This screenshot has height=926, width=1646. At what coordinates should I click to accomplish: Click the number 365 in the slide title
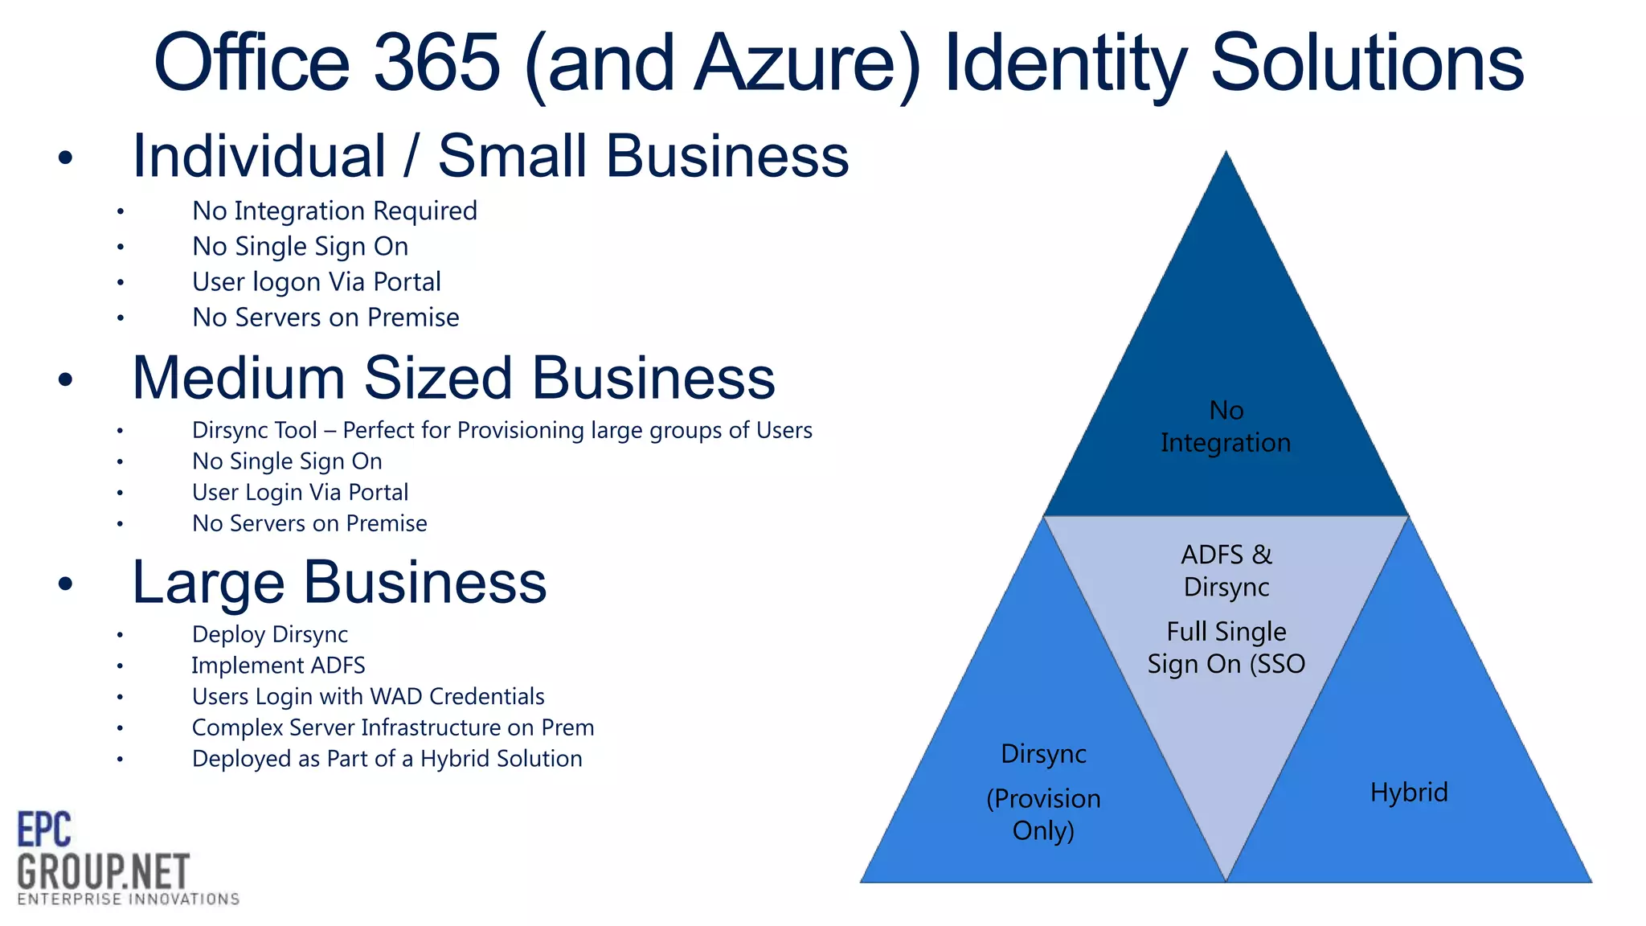[437, 63]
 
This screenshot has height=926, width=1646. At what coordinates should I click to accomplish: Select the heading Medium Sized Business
[453, 378]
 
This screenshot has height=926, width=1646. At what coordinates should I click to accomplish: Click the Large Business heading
[338, 582]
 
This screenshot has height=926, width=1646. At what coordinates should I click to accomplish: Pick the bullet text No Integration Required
[334, 211]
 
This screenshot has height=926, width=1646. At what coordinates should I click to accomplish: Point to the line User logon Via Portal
[316, 282]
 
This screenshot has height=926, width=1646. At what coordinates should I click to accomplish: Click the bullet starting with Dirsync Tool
[502, 430]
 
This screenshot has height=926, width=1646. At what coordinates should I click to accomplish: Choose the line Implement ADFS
[278, 666]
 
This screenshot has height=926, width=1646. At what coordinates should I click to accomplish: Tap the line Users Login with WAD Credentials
[368, 696]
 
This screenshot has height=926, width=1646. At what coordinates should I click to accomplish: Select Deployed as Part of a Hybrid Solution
[387, 759]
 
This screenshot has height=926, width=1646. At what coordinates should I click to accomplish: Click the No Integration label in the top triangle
[1226, 427]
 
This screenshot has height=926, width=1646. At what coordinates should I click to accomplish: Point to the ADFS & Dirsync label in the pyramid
[1226, 571]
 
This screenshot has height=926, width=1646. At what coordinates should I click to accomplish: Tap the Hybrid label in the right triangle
[1408, 793]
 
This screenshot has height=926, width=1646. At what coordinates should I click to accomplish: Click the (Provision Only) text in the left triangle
[1043, 814]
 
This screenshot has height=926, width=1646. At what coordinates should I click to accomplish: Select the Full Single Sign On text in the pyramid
[1226, 648]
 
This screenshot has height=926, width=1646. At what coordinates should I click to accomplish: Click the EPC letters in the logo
[44, 830]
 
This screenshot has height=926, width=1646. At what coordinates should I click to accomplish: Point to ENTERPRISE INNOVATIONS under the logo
[129, 899]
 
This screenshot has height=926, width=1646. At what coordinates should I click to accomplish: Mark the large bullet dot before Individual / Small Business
[65, 158]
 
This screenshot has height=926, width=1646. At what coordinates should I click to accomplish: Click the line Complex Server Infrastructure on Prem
[393, 727]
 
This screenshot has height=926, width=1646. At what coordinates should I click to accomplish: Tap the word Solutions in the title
[1366, 63]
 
